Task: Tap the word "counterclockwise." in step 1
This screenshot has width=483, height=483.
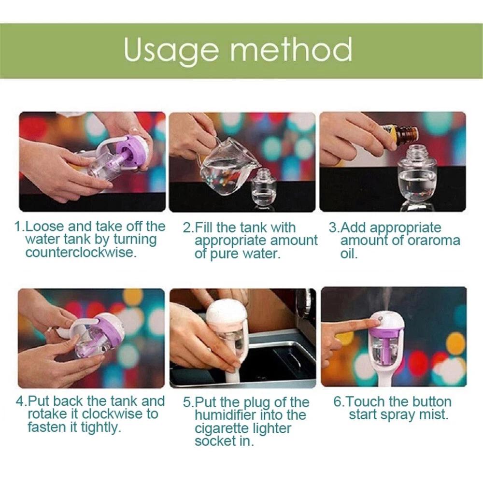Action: tap(81, 253)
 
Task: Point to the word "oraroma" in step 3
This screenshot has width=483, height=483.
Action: tap(434, 241)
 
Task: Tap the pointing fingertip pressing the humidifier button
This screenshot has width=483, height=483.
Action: tap(376, 321)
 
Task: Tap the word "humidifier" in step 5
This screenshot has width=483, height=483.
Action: tap(227, 415)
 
